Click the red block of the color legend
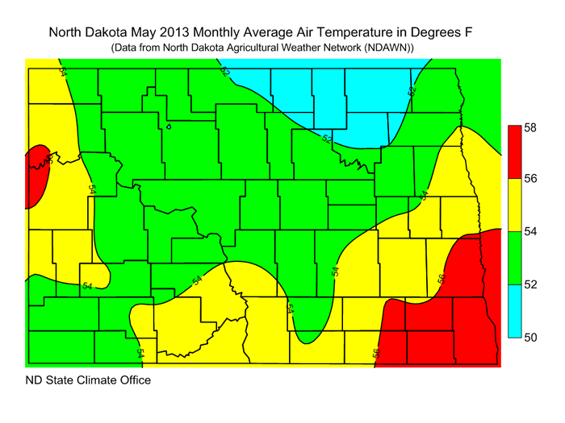[513, 151]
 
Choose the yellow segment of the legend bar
[513, 205]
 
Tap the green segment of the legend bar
[513, 258]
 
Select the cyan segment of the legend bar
[513, 311]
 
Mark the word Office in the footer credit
[133, 379]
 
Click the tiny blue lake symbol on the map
[169, 126]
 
